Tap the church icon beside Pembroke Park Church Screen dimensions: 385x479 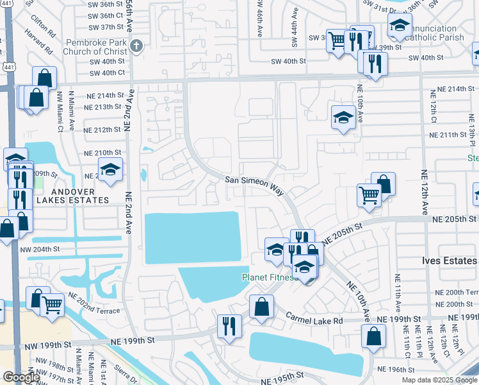click(136, 46)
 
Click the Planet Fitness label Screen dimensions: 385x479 click(269, 277)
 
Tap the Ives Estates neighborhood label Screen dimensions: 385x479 click(450, 261)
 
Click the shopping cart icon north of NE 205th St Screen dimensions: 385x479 click(369, 195)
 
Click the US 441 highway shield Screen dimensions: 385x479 click(6, 67)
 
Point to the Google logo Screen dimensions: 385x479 click(21, 377)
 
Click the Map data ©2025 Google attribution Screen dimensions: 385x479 click(439, 380)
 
